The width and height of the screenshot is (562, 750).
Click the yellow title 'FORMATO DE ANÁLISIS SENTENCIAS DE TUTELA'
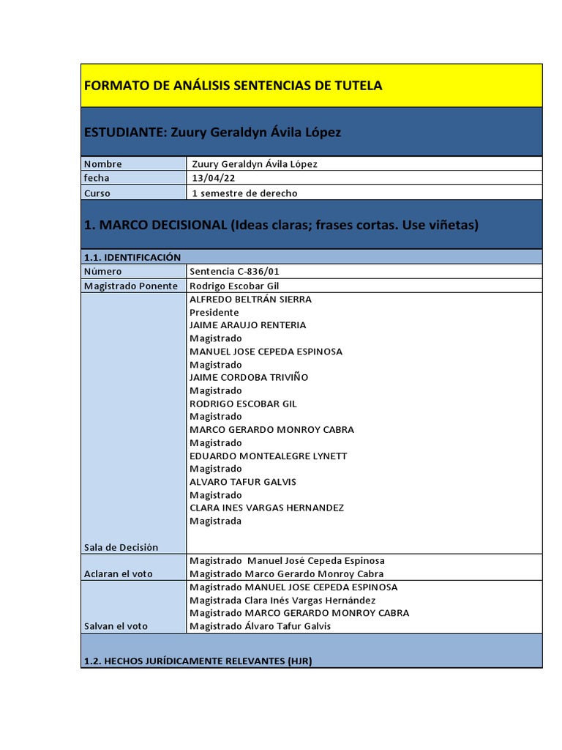(x=233, y=86)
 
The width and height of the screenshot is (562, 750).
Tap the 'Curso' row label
(x=97, y=193)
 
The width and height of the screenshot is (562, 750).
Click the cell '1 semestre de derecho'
(x=244, y=193)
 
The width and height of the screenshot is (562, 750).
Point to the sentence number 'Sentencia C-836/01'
(x=234, y=272)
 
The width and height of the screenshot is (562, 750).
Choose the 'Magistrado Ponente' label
(x=131, y=286)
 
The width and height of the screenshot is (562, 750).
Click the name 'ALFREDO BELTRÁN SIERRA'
(x=250, y=299)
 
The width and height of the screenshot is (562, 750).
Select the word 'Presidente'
(x=214, y=312)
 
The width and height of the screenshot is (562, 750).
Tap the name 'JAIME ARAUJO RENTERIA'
(x=247, y=325)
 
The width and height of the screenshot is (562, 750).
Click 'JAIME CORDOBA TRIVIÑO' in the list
(x=249, y=377)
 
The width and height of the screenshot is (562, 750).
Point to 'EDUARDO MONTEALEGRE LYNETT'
(x=268, y=456)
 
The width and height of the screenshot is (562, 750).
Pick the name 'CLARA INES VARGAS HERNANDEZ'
(x=266, y=508)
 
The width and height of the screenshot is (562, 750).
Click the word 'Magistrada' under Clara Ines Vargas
(x=215, y=521)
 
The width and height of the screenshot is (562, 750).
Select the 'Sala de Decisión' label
(x=121, y=547)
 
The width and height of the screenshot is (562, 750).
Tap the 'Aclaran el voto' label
(x=119, y=573)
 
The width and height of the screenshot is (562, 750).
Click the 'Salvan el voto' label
(x=116, y=625)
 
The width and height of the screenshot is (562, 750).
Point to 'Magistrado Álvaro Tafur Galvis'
(x=260, y=625)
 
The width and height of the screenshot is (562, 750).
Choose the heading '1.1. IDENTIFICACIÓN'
(x=132, y=257)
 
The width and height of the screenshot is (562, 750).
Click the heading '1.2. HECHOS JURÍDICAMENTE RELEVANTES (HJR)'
(x=198, y=661)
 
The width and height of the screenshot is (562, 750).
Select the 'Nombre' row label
(x=103, y=164)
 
